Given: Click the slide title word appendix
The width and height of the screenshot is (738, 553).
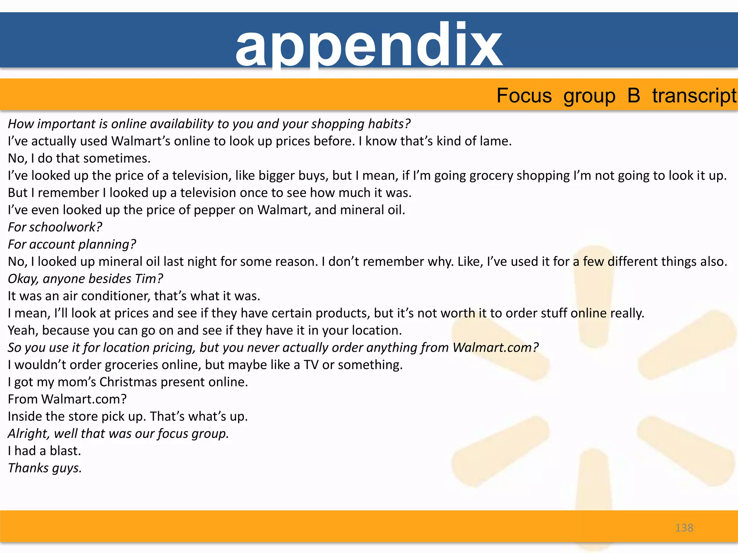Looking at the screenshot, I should (x=369, y=45).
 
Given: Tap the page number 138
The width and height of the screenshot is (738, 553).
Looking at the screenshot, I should (x=684, y=528).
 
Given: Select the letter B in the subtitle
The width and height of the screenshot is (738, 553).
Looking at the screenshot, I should (x=633, y=95).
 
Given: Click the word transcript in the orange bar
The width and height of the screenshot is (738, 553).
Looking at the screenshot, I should (x=694, y=96).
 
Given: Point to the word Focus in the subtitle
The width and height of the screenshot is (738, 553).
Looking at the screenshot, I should (x=524, y=96).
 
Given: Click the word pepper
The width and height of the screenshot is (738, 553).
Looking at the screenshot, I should (x=214, y=210).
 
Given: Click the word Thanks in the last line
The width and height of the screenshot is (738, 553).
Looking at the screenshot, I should (x=28, y=468).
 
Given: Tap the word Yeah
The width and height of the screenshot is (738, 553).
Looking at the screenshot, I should (x=23, y=331).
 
